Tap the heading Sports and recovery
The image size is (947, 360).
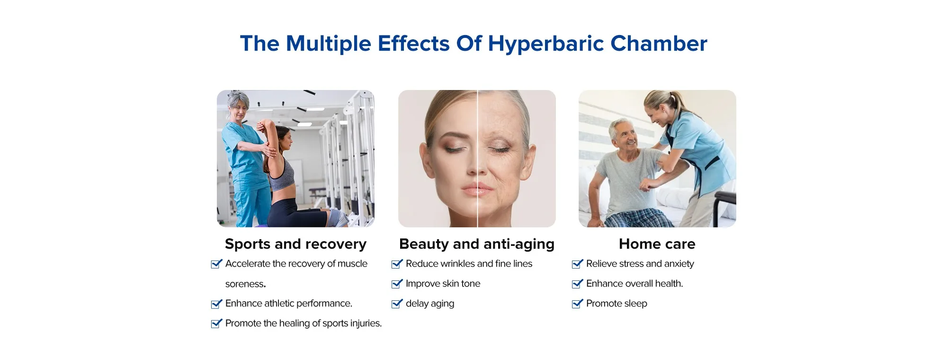point(295,244)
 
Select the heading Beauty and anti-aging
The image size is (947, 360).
point(477,244)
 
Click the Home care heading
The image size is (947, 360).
point(657,244)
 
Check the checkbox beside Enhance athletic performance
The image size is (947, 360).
point(216,304)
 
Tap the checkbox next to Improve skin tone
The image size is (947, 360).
point(397,284)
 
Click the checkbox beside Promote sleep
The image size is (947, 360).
point(577,304)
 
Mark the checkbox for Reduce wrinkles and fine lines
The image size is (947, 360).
point(397,264)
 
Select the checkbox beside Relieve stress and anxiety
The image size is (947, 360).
point(577,264)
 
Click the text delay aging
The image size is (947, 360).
point(430,304)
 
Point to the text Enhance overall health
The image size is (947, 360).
point(634,284)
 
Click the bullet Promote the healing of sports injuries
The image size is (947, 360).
point(304,324)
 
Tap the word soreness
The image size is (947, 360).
point(245,284)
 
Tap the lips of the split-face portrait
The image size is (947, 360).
point(477,190)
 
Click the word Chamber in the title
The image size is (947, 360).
point(659,44)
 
